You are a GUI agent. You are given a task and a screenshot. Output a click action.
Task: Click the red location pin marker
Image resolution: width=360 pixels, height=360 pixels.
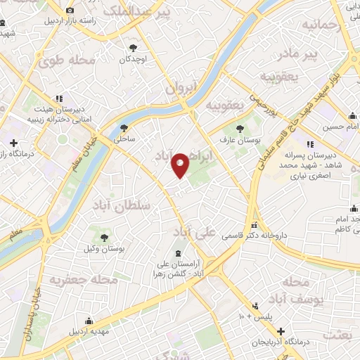[x=181, y=165]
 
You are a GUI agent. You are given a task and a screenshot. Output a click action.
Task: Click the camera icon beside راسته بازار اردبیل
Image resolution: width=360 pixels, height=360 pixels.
[x=70, y=10]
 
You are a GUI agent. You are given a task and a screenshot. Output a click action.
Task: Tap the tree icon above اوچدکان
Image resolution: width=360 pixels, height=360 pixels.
[x=132, y=48]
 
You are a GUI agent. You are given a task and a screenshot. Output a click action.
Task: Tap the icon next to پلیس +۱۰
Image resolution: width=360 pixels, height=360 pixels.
[x=255, y=306]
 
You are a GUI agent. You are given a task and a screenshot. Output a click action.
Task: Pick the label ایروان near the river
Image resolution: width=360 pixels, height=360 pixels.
[x=181, y=88]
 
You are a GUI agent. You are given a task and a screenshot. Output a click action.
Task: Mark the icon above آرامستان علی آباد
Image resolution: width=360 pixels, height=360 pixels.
[x=178, y=252]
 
